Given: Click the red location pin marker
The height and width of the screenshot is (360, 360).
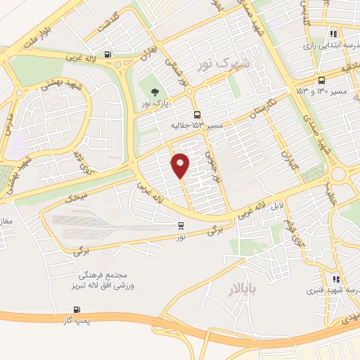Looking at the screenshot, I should coord(181,165).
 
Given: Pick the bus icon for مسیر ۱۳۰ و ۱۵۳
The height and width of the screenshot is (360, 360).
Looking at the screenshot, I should coord(321,80).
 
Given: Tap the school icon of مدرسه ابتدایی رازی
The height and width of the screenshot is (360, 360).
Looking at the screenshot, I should coord(333,33).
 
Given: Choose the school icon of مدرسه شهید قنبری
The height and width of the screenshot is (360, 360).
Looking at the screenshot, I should coord(335,279).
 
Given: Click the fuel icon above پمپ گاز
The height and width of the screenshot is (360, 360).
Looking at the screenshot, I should coord(77,309).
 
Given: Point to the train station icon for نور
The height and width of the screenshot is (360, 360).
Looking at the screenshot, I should coord(181,226).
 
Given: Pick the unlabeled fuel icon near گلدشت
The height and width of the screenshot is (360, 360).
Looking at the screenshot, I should coord(108,54).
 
